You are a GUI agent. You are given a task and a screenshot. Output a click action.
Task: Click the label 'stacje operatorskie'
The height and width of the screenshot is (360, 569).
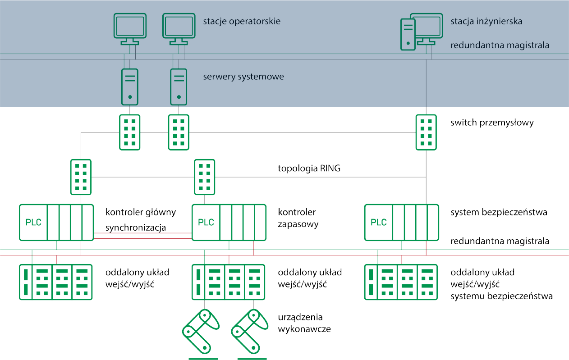[x=241, y=21]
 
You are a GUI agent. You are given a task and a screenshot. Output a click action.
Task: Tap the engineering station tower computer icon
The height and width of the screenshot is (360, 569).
[x=408, y=34]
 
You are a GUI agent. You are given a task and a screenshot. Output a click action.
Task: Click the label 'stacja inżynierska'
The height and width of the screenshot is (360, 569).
[x=486, y=21]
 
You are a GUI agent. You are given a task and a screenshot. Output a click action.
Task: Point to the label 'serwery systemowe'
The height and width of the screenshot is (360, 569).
[x=243, y=77]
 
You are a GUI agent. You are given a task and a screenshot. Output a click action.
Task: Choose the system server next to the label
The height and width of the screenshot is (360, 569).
[x=179, y=86]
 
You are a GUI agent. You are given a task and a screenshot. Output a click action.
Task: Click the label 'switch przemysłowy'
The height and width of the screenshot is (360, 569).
[x=492, y=123]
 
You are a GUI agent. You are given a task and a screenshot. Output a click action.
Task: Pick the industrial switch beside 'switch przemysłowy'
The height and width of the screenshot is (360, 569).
[x=426, y=132]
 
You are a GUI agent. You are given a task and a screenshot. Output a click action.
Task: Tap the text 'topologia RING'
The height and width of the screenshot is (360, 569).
[x=309, y=169]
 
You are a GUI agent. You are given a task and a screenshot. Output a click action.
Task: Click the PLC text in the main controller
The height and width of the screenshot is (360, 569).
[x=33, y=222]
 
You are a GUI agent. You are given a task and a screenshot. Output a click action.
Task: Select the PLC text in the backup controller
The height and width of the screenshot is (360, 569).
[x=206, y=222]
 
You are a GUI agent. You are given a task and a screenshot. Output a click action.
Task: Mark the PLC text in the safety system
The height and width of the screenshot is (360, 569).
[x=379, y=222]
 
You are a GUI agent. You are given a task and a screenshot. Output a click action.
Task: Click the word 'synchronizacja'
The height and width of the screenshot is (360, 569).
[x=136, y=228]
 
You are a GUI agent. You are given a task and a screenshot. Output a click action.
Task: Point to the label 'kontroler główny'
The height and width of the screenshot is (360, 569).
[x=141, y=212]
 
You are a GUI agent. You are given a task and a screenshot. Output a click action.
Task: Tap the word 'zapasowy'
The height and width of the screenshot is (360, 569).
[x=298, y=224]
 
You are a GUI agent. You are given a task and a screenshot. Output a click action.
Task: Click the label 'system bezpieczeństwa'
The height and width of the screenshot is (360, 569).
[x=499, y=212]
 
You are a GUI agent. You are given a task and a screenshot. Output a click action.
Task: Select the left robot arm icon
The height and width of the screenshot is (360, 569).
[x=201, y=330]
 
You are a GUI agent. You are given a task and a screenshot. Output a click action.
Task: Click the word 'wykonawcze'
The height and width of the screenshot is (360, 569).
[x=304, y=329]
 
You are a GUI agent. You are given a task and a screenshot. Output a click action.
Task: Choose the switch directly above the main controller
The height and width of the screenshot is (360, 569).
[x=81, y=177]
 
